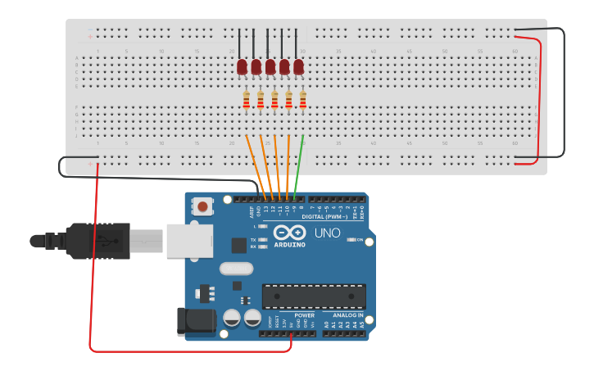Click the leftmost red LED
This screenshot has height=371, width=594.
[242, 66]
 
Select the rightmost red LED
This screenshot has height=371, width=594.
[298, 66]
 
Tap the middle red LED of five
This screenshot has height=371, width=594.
[270, 66]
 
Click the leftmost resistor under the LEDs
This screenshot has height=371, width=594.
[247, 100]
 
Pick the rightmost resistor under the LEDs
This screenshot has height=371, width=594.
[302, 100]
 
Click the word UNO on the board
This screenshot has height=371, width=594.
[328, 233]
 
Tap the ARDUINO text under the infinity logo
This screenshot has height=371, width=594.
[289, 245]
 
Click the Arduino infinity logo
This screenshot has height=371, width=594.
[289, 233]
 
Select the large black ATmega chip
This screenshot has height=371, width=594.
[314, 296]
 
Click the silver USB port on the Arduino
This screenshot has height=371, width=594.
[189, 241]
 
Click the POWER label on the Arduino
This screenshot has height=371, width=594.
[305, 314]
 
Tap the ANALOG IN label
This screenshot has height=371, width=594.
[348, 314]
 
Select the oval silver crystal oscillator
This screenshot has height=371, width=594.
[237, 268]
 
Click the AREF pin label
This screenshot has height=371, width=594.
[252, 211]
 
